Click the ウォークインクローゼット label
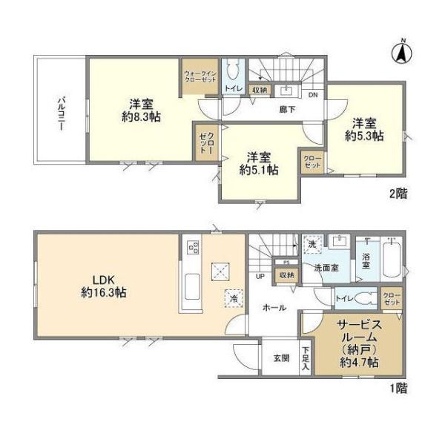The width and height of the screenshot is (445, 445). [x=200, y=77]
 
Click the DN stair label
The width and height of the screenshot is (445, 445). [x=312, y=94]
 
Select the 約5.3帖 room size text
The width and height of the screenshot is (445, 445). [x=363, y=136]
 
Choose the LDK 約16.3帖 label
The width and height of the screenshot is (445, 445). [x=104, y=286]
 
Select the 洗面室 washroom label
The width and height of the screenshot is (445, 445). [x=326, y=268]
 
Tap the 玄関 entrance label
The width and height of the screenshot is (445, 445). [x=280, y=359]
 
